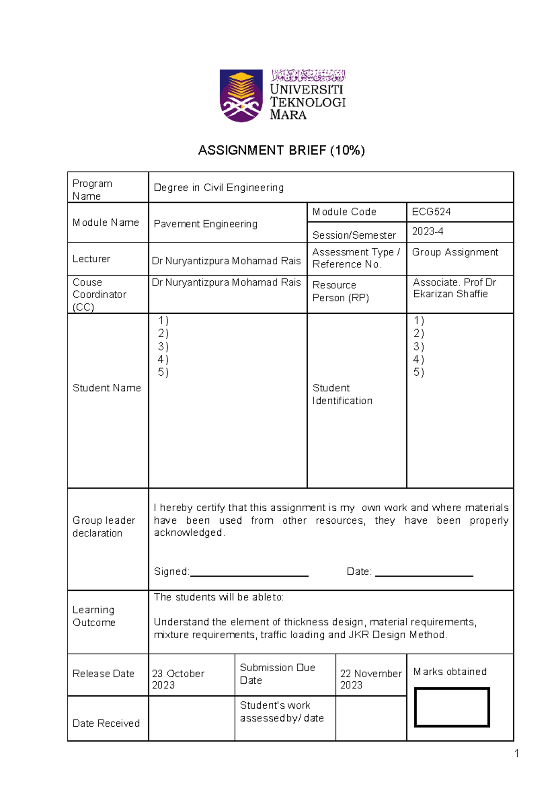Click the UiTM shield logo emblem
click(x=241, y=96)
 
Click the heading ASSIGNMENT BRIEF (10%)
click(x=281, y=150)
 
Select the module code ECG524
click(x=431, y=212)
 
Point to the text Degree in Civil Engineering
click(x=218, y=188)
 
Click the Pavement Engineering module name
click(x=205, y=224)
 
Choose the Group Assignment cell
click(x=455, y=252)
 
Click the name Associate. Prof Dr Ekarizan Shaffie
click(x=454, y=288)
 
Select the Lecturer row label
click(x=91, y=259)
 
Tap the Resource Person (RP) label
click(x=340, y=292)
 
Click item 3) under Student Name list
click(x=163, y=347)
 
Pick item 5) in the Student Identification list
click(x=418, y=372)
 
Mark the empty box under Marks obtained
click(x=452, y=707)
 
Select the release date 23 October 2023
click(x=178, y=679)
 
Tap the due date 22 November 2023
click(x=370, y=679)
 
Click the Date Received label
click(x=106, y=723)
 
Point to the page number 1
click(x=516, y=754)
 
